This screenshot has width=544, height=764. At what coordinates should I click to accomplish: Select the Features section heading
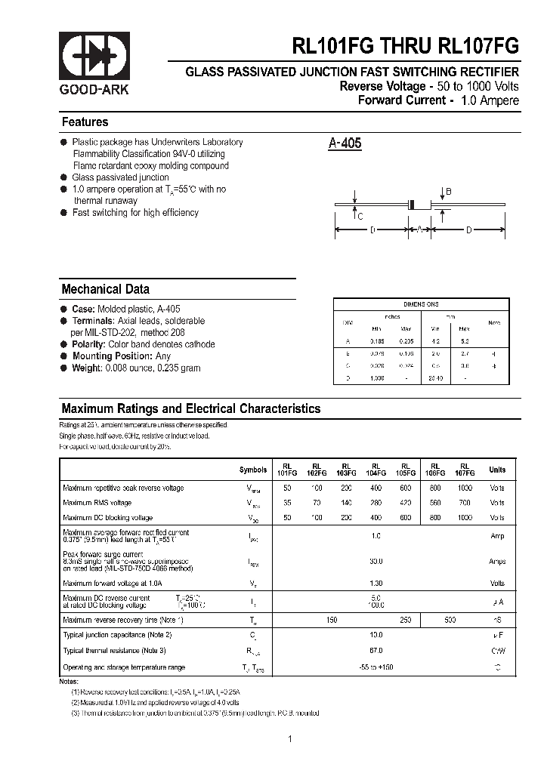[x=85, y=122]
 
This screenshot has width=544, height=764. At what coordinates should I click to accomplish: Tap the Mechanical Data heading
[x=105, y=289]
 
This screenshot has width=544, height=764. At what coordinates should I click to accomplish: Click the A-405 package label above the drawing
[x=345, y=143]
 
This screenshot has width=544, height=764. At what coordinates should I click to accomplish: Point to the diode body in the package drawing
[x=412, y=204]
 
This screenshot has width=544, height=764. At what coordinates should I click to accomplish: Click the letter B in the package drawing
[x=448, y=193]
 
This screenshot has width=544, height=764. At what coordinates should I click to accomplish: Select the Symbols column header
[x=253, y=470]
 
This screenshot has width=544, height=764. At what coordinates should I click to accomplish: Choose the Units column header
[x=497, y=470]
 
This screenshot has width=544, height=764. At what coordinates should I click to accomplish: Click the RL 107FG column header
[x=465, y=470]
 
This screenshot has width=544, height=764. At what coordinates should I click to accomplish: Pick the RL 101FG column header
[x=287, y=470]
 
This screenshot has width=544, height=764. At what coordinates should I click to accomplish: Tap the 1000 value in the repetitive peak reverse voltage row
[x=465, y=488]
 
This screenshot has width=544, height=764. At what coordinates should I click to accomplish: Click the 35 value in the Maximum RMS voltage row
[x=287, y=503]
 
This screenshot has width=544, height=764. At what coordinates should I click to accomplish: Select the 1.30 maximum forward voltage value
[x=376, y=583]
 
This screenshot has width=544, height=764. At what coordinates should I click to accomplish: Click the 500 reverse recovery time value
[x=450, y=620]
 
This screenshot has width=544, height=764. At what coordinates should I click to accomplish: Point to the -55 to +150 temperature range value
[x=376, y=667]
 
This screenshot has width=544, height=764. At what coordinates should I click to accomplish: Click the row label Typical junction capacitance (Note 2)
[x=117, y=635]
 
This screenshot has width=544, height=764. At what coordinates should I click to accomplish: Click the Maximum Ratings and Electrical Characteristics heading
[x=190, y=409]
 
